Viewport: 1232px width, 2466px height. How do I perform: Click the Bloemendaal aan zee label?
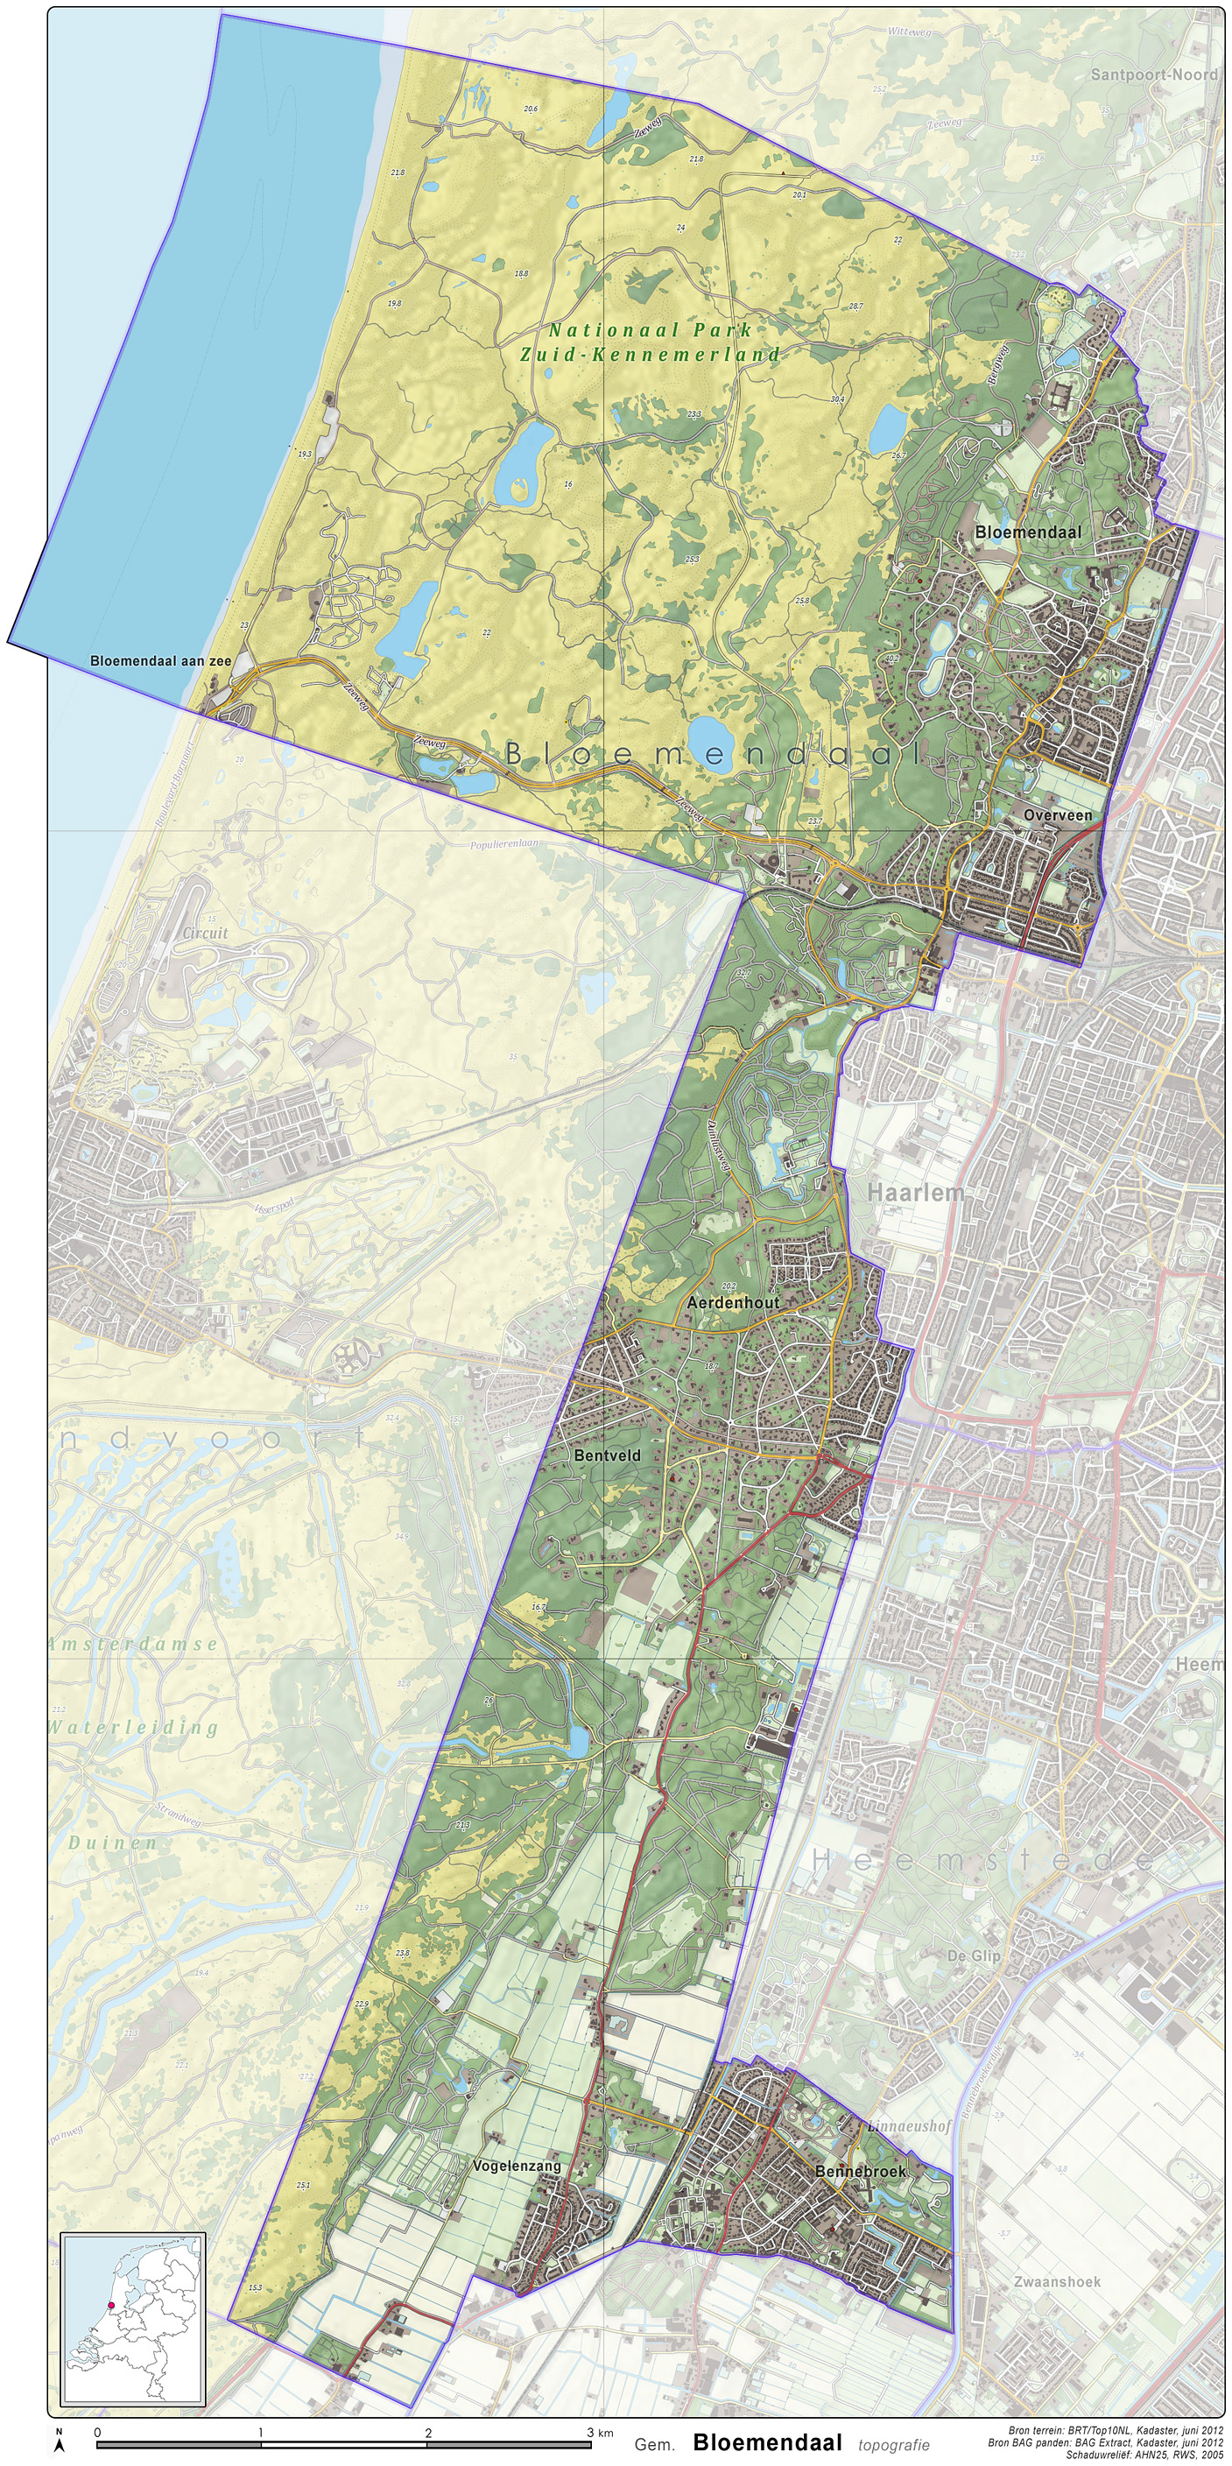click(x=160, y=660)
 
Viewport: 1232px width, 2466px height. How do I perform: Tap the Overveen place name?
click(x=1057, y=815)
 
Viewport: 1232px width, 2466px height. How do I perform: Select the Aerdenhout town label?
click(x=732, y=1303)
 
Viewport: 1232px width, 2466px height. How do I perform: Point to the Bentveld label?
click(x=607, y=1455)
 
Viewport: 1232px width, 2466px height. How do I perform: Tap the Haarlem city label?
click(x=915, y=1193)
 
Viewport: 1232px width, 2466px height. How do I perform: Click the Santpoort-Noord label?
click(x=1153, y=74)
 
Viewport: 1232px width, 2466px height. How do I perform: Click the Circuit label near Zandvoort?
click(x=205, y=933)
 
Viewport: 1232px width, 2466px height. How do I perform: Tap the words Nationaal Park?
click(x=650, y=330)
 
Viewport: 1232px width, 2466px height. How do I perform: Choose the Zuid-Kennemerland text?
click(x=650, y=354)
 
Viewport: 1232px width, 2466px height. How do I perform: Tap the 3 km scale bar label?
click(x=599, y=2433)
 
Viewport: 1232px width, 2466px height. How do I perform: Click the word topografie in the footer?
click(x=893, y=2445)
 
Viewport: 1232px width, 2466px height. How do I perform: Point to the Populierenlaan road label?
click(x=504, y=844)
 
